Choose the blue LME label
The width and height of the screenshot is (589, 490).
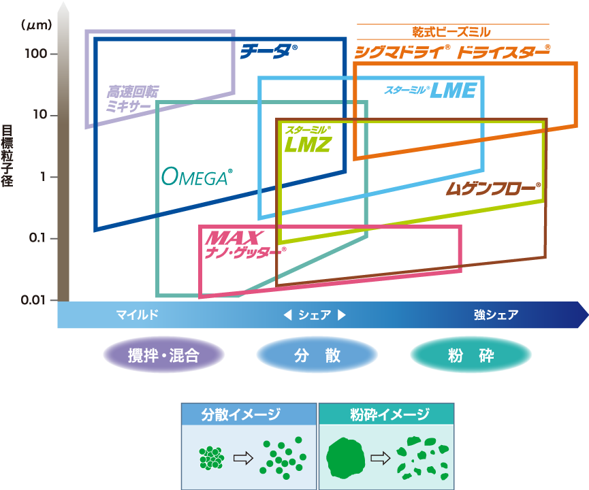[430, 90]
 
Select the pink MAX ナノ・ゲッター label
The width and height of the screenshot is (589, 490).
[243, 244]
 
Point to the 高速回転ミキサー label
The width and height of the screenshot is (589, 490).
[131, 98]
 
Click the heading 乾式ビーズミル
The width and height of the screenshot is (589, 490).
[451, 32]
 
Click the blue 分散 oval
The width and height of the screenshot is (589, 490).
[317, 355]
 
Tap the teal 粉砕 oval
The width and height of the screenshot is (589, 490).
[471, 355]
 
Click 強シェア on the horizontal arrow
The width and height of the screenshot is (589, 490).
[496, 315]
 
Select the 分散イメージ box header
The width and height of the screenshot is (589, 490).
[249, 414]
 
